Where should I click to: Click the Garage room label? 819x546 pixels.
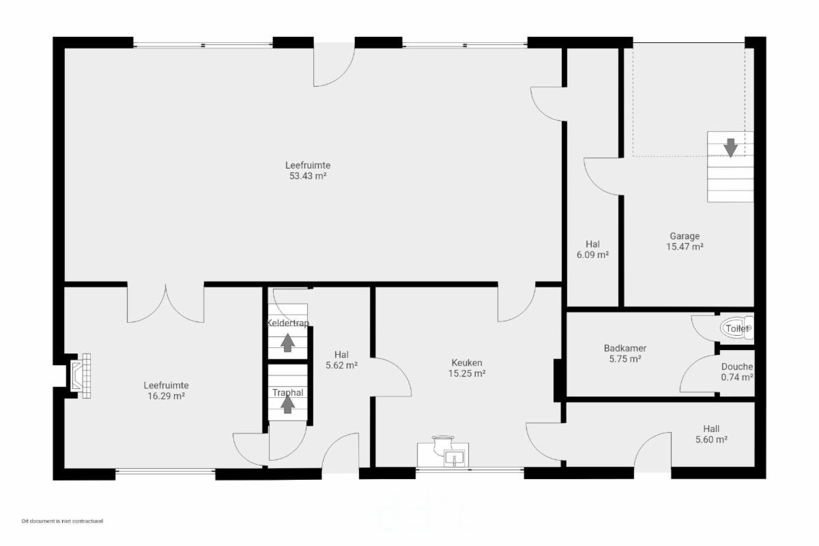coord(685,236)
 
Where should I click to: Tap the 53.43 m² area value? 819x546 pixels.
coord(308,176)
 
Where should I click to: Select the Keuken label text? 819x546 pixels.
coord(467,363)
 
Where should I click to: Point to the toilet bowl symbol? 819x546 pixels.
coord(736,328)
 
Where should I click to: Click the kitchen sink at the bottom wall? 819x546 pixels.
coord(454,457)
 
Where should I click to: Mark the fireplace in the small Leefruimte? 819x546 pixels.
coord(81,375)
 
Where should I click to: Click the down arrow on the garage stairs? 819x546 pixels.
coord(730,147)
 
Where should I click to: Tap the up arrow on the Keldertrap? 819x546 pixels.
coord(288,343)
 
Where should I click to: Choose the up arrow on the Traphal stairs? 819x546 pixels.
coord(288,404)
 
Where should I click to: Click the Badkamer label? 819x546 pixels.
coord(625,348)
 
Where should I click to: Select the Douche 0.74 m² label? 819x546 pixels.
coord(736,371)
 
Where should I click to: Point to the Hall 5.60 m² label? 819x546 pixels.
coord(711,434)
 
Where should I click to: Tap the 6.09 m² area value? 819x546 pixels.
coord(592,255)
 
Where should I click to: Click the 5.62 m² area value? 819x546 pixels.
coord(341,365)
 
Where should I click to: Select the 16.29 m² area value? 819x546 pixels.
coord(166,396)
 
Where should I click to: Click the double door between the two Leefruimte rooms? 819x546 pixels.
coord(166,304)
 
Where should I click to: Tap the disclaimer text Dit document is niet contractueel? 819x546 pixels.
coord(62,521)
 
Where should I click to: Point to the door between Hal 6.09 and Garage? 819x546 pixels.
coord(603,177)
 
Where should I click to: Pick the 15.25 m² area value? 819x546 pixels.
coord(467,373)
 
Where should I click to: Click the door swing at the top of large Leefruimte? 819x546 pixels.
coord(334,65)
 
